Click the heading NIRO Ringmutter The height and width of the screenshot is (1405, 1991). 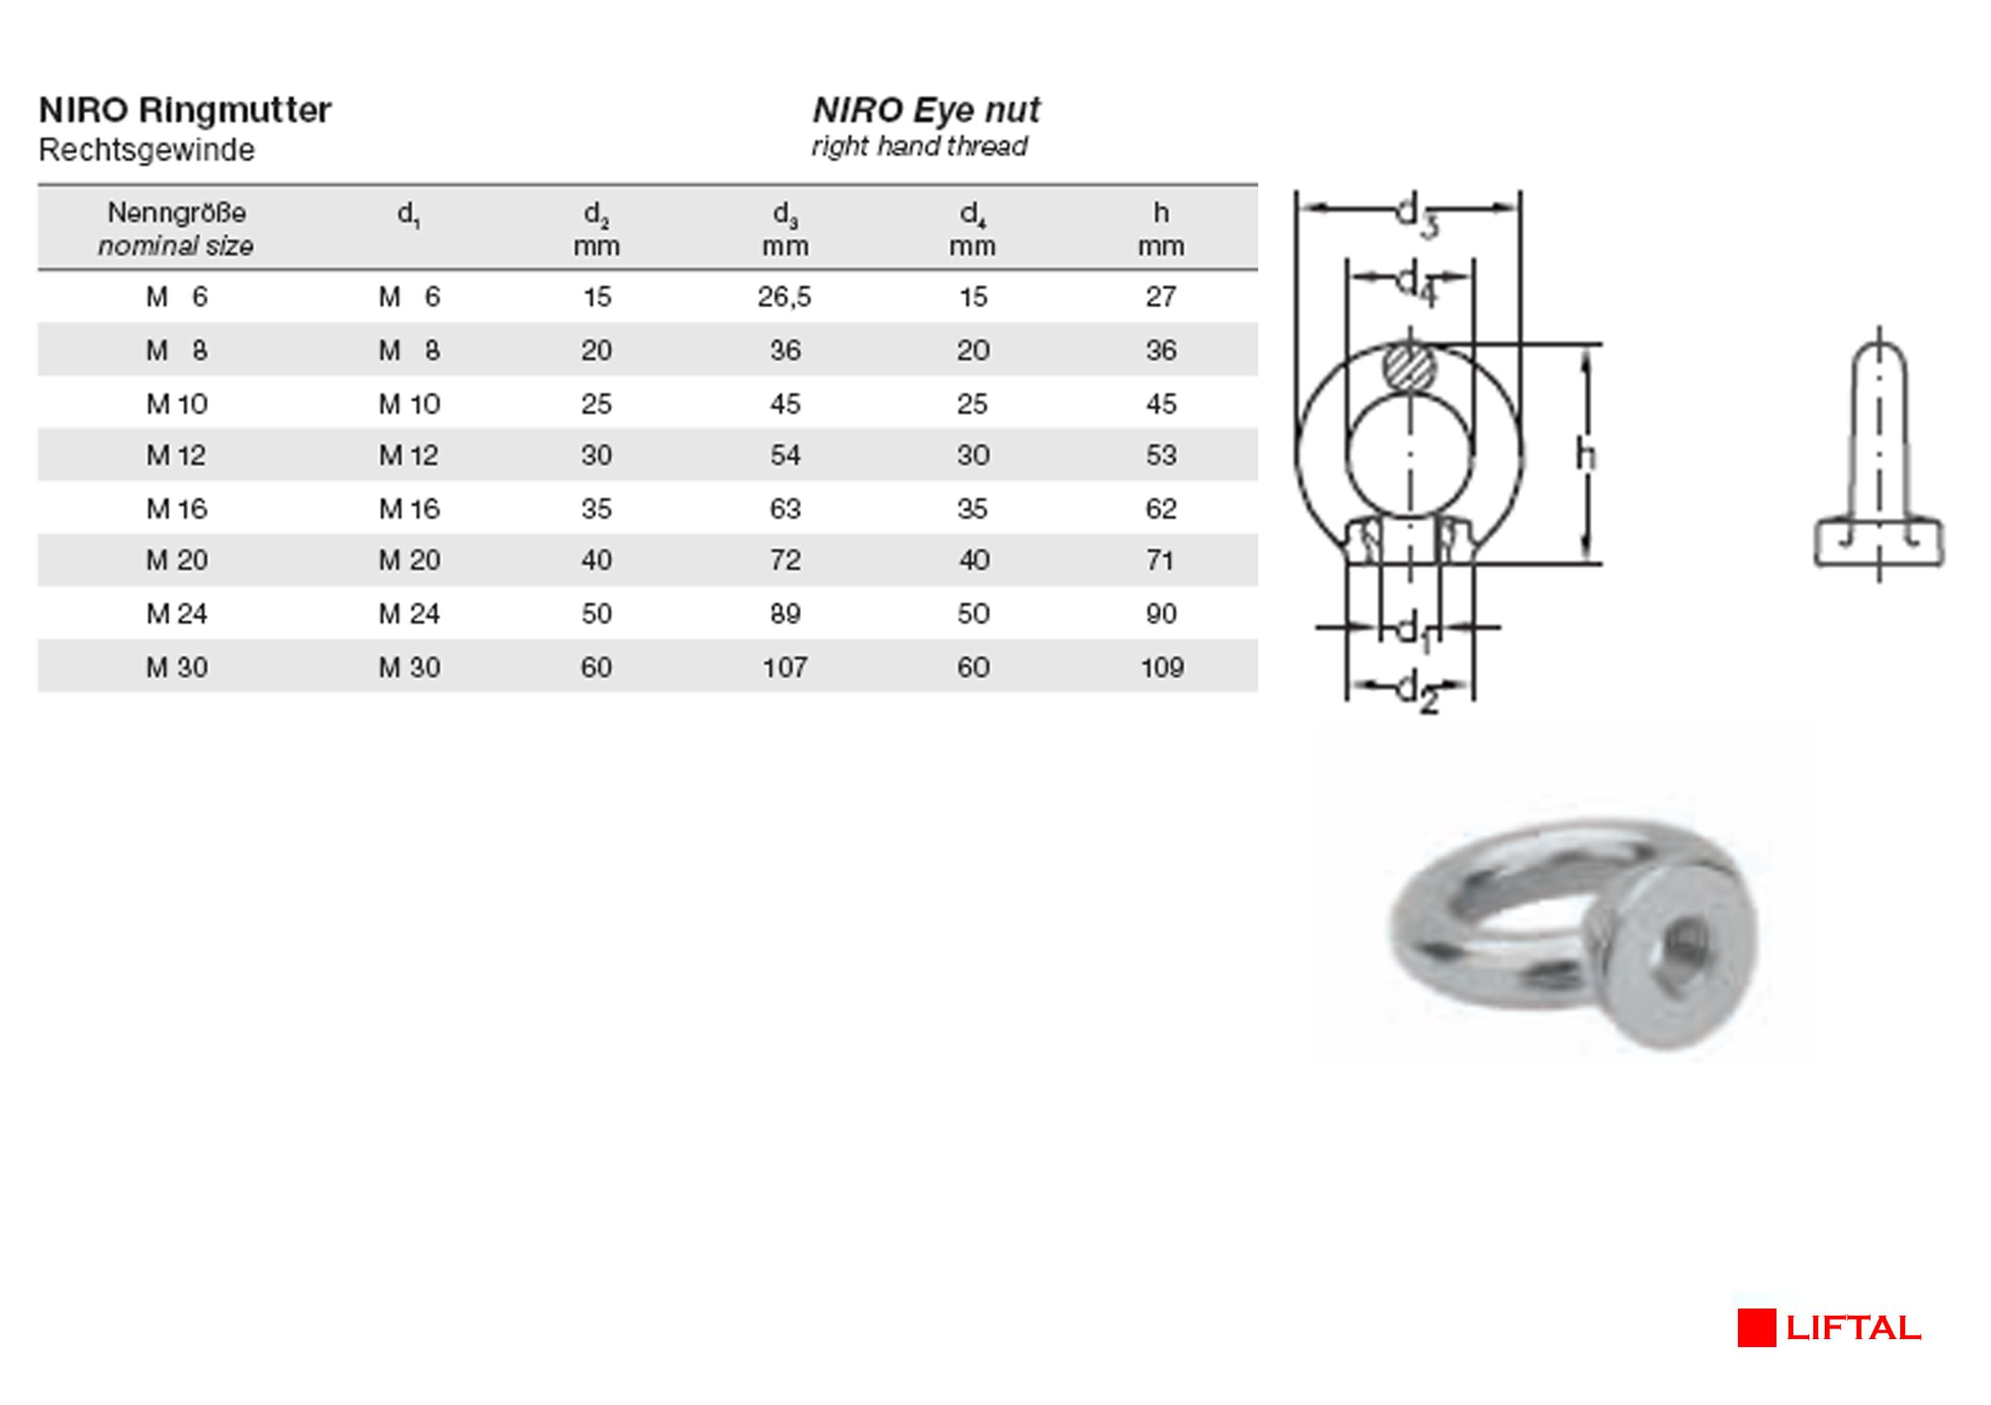coord(185,110)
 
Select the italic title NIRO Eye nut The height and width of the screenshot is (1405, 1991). coord(926,110)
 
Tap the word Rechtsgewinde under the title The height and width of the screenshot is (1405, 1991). coord(146,150)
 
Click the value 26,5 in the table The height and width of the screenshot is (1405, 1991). coord(784,297)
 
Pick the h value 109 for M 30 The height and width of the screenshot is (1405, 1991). coord(1162,667)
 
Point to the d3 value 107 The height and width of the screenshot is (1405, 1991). coord(785,667)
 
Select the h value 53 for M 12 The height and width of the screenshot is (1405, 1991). coord(1161,455)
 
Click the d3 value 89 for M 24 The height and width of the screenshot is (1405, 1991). coord(785,614)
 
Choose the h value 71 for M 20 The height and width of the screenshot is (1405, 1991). coord(1160,560)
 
